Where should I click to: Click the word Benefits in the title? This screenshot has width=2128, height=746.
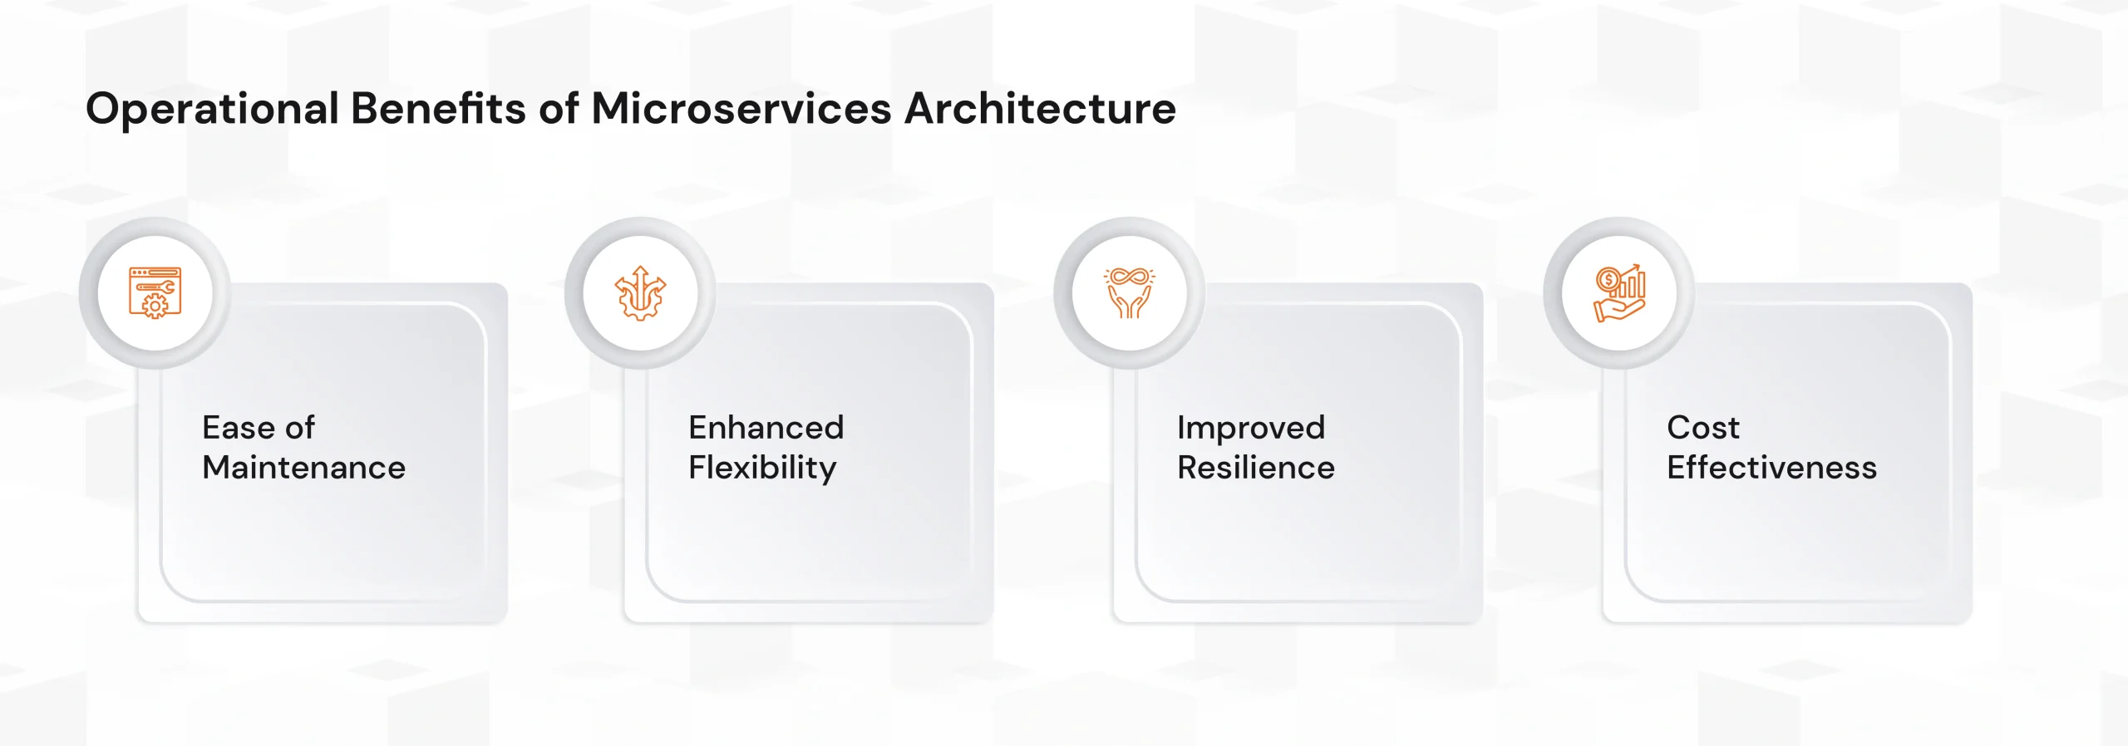(x=438, y=108)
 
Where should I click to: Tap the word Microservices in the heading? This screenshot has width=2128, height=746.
(x=741, y=108)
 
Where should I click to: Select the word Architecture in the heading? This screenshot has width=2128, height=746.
(x=1040, y=108)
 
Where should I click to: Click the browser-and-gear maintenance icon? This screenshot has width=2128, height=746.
(x=155, y=292)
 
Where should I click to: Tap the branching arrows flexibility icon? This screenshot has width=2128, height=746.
(x=640, y=293)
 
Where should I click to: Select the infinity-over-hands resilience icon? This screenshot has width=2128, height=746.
(x=1130, y=292)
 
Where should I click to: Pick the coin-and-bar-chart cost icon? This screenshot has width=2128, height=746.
(x=1619, y=293)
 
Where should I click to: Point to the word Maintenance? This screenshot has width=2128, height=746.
(x=304, y=468)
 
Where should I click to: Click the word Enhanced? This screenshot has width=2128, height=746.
(x=766, y=427)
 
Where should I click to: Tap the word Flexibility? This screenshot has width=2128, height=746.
(x=762, y=469)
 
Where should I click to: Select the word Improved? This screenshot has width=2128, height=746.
(x=1251, y=429)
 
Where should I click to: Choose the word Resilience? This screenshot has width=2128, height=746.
(x=1256, y=468)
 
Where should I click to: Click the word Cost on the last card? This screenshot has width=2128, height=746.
(x=1703, y=427)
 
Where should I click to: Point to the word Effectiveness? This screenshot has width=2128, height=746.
(x=1772, y=468)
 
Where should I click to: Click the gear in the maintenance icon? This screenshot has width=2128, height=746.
(x=155, y=307)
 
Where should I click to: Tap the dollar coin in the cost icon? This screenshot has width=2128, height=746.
(x=1608, y=280)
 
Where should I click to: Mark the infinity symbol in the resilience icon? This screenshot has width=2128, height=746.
(x=1130, y=277)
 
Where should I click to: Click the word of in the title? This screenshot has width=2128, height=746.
(x=559, y=108)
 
